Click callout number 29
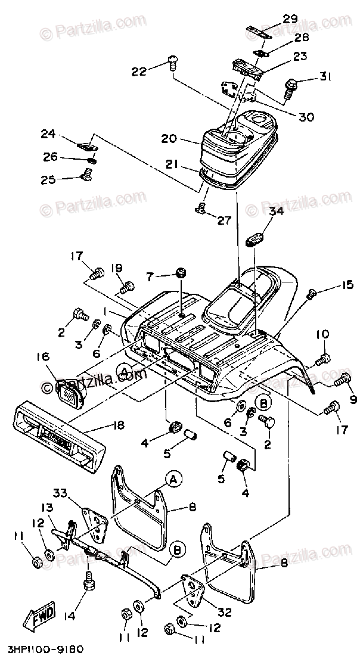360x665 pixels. tap(290, 19)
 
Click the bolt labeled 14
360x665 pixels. tap(90, 579)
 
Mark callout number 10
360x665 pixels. tap(322, 335)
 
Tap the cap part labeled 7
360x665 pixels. tap(181, 274)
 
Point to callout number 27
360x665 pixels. tap(224, 221)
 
